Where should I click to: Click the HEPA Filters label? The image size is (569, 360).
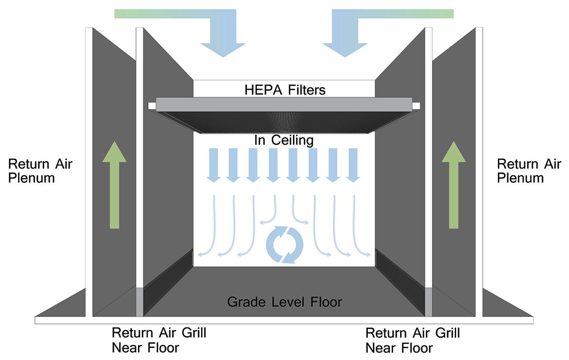pyautogui.click(x=284, y=89)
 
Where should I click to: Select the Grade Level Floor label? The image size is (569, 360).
pyautogui.click(x=284, y=302)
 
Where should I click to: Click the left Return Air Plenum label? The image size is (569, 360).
pyautogui.click(x=40, y=171)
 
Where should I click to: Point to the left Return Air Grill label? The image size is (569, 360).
pyautogui.click(x=159, y=340)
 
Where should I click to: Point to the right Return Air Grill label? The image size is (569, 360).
pyautogui.click(x=413, y=340)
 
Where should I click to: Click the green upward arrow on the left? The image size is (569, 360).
pyautogui.click(x=115, y=185)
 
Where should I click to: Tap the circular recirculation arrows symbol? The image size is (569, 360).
pyautogui.click(x=284, y=244)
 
